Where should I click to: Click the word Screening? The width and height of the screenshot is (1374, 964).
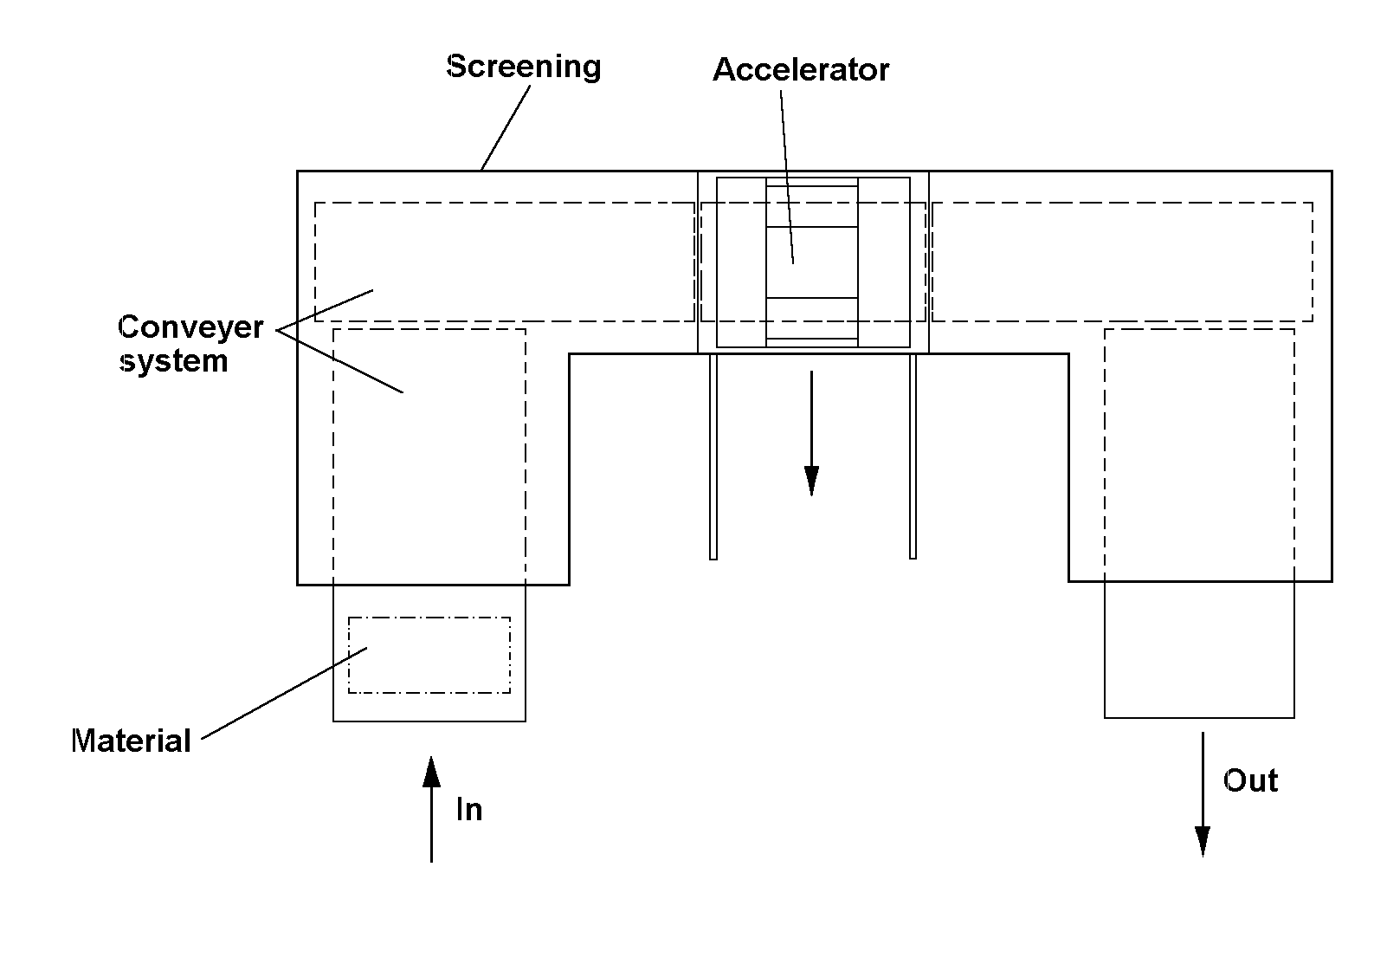point(523,67)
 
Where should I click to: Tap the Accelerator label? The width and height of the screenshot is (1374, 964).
point(801,70)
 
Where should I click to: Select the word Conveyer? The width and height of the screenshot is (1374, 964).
point(190,327)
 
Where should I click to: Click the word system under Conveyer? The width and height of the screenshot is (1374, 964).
point(174,361)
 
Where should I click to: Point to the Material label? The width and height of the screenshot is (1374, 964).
point(132,741)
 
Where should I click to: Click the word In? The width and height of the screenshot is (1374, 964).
point(469,809)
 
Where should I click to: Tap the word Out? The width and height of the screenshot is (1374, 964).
point(1250,781)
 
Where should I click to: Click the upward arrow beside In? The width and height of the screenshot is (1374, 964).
point(431,809)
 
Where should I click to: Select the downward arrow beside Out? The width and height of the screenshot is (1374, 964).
point(1203,794)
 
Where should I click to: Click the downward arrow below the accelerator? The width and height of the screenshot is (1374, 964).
point(811,433)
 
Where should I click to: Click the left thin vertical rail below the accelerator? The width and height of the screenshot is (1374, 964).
point(713,456)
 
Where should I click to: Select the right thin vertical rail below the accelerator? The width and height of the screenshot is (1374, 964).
point(913,456)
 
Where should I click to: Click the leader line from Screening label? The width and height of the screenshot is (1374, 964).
point(506,127)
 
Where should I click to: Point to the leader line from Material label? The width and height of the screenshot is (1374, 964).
point(284,693)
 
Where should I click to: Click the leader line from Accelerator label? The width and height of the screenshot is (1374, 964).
point(787,178)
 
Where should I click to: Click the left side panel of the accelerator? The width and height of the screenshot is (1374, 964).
point(741,262)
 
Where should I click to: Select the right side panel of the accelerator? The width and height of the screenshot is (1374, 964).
point(884,262)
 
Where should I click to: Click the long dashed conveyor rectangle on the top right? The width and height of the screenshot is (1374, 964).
point(1123,203)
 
